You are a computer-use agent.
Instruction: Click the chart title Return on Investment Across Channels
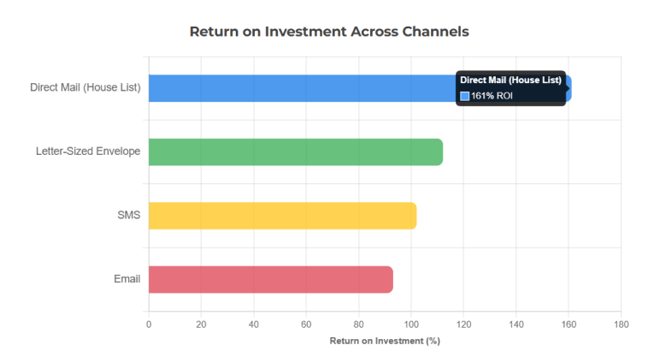pos(329,32)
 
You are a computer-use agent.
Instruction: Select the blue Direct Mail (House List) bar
pos(299,88)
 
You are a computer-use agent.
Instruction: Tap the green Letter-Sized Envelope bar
pos(295,152)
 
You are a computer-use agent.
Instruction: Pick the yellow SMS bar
pos(282,216)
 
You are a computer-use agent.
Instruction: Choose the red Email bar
pos(270,279)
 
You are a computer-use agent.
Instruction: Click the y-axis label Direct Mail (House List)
pos(85,88)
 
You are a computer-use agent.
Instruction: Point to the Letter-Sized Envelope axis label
pos(88,152)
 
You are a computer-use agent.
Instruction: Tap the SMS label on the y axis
pos(128,216)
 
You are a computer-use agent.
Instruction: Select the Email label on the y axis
pos(127,279)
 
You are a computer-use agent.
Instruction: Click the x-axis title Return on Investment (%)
pos(385,341)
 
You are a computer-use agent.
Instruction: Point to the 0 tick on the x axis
pos(149,324)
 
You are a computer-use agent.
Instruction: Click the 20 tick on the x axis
pos(201,324)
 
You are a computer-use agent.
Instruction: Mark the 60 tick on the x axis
pos(306,324)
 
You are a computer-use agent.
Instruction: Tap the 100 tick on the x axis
pos(411,324)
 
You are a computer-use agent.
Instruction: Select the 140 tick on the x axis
pos(516,324)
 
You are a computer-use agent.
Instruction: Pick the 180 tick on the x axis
pos(621,324)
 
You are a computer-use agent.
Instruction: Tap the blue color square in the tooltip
pos(465,96)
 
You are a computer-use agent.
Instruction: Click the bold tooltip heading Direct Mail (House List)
pos(510,80)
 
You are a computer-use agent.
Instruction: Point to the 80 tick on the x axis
pos(358,324)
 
